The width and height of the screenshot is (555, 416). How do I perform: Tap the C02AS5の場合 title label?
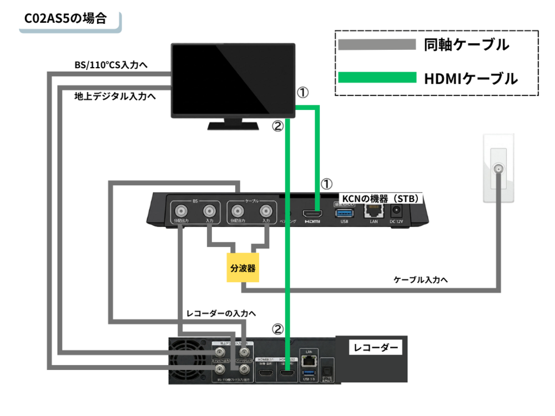[x=65, y=18]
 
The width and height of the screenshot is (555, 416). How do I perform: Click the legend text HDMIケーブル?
[x=471, y=78]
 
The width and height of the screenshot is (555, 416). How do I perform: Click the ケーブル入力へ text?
[x=420, y=280]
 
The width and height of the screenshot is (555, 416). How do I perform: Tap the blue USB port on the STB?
[x=344, y=212]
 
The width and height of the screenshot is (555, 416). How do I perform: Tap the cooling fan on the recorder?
[x=190, y=361]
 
